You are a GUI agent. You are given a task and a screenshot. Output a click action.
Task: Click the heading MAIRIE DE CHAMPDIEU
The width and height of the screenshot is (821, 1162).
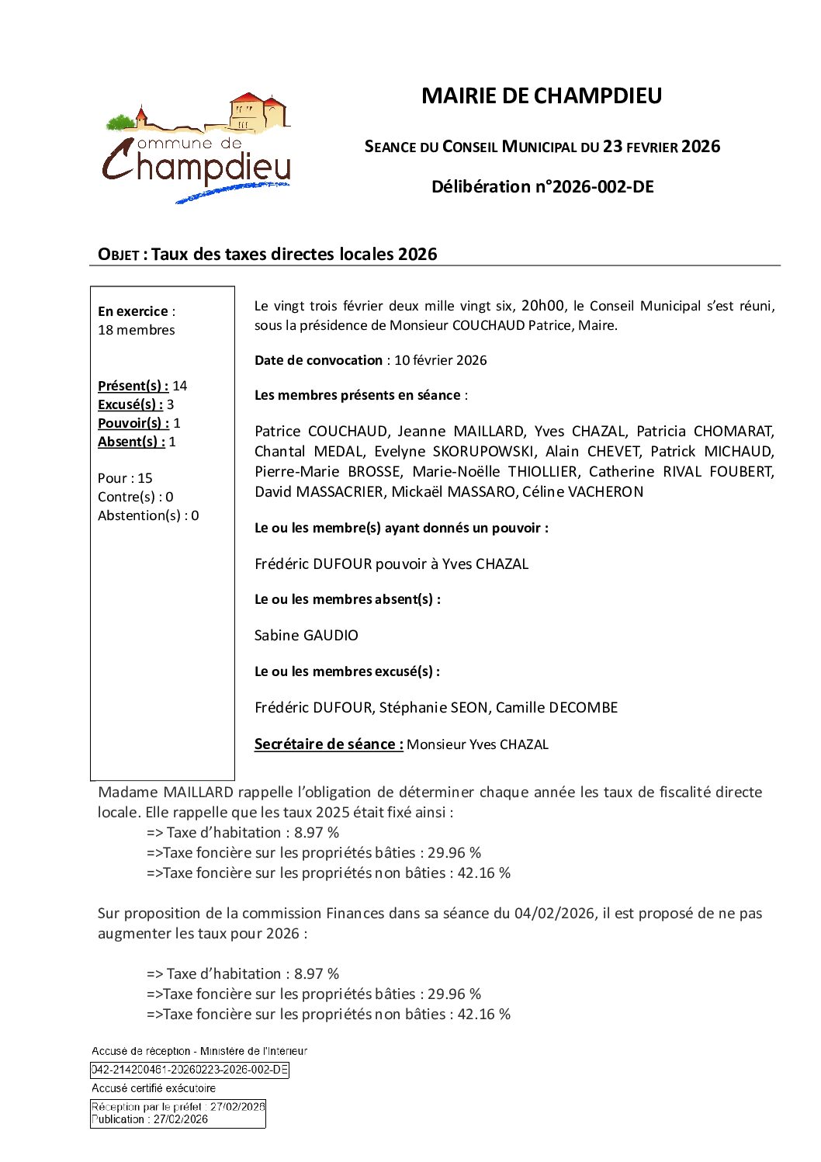click(x=541, y=95)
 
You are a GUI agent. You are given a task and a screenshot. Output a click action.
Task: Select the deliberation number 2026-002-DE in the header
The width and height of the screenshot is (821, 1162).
click(x=601, y=187)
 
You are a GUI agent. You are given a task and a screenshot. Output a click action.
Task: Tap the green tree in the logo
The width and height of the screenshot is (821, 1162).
click(x=120, y=122)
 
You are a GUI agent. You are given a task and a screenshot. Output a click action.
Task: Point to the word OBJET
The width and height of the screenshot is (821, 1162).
click(x=118, y=255)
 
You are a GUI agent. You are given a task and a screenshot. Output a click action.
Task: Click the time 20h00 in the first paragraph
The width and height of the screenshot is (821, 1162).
click(x=542, y=306)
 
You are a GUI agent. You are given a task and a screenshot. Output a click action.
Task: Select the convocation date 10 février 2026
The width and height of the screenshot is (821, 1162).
click(x=440, y=360)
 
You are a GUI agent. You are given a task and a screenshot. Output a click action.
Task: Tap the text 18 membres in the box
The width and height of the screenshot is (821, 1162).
click(x=137, y=330)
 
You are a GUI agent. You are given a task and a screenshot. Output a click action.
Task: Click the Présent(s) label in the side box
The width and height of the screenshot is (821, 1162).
click(x=133, y=386)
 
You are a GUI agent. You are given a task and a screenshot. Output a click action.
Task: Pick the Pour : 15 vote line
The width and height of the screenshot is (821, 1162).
click(x=125, y=478)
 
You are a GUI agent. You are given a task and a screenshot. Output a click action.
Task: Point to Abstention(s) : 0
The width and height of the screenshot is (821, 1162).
click(x=148, y=515)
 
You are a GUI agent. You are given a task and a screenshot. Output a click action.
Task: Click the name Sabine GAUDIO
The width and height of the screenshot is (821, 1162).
click(x=307, y=636)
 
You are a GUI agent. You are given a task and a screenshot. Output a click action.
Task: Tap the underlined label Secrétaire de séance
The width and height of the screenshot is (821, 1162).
click(x=328, y=744)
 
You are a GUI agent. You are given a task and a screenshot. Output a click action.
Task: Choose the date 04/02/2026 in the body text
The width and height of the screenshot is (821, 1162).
click(x=554, y=914)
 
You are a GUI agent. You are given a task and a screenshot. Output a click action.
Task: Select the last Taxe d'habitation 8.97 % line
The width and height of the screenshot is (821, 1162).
click(x=243, y=974)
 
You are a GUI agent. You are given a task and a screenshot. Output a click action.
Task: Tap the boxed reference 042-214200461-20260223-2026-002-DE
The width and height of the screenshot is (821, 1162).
click(x=189, y=1070)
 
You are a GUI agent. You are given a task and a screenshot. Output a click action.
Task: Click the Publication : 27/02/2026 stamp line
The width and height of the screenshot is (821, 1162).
click(x=150, y=1119)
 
